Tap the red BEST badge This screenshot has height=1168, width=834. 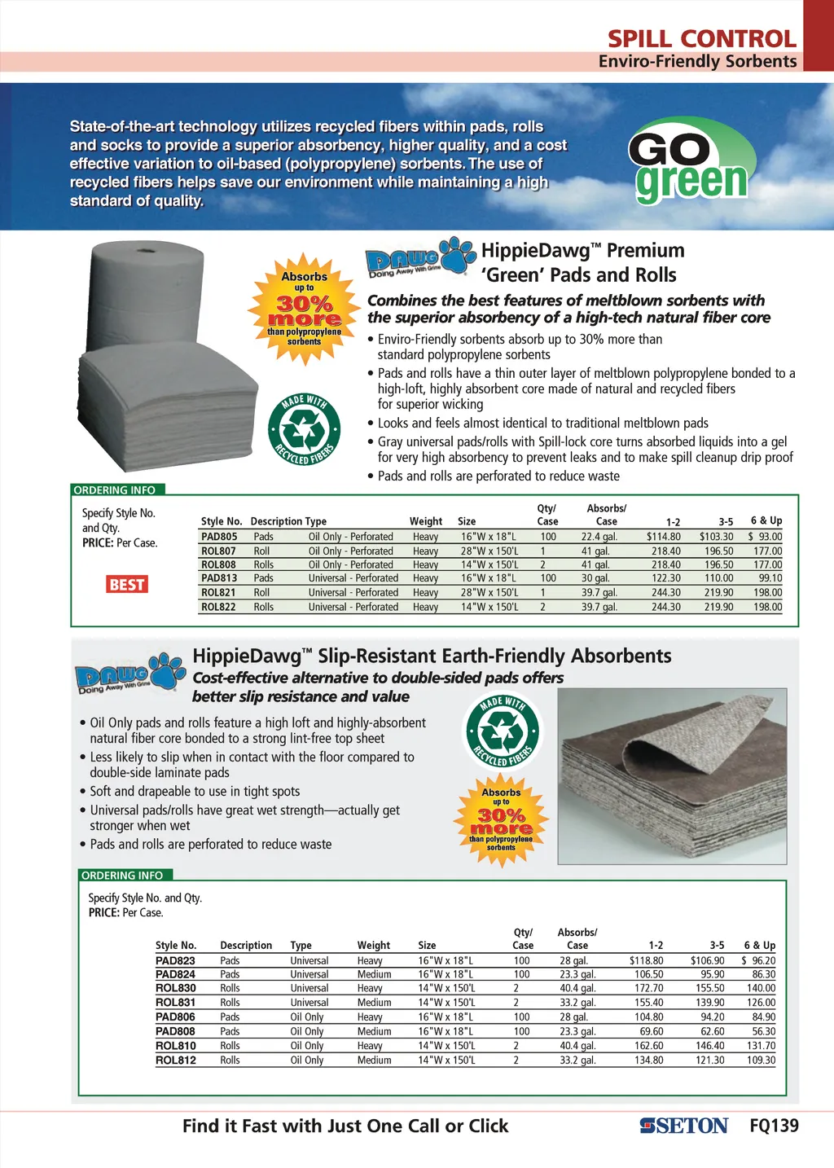[127, 584]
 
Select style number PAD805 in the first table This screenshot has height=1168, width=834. [219, 537]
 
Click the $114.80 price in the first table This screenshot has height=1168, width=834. [663, 537]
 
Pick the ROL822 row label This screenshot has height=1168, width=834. [218, 607]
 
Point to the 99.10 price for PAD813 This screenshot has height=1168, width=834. [770, 578]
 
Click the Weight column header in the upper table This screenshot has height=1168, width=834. [426, 521]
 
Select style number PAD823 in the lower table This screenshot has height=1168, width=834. [175, 961]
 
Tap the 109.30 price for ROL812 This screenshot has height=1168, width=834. [762, 1060]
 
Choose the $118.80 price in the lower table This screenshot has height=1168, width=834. [646, 961]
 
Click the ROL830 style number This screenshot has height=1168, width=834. [175, 989]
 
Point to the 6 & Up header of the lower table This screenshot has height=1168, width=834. [759, 946]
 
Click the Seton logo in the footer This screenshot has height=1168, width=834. [683, 1126]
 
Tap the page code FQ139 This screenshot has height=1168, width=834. [774, 1126]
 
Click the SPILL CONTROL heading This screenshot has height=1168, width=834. [701, 38]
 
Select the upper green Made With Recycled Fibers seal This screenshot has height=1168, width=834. [304, 429]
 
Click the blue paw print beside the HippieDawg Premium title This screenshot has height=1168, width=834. [458, 254]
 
